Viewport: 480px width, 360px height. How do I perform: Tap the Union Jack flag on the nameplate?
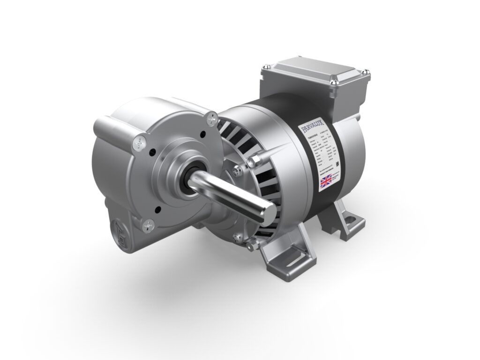point(325,180)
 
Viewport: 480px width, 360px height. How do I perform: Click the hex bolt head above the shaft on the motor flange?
point(255,161)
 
